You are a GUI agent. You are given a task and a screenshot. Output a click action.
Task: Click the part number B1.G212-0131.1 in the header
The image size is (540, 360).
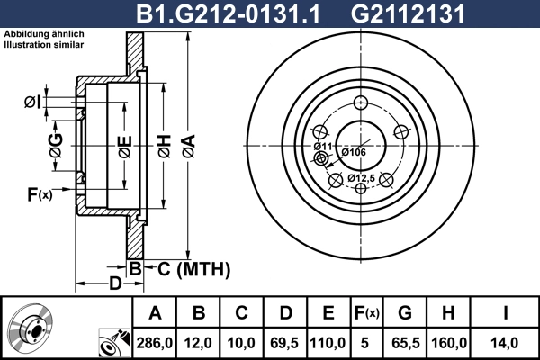coord(229,13)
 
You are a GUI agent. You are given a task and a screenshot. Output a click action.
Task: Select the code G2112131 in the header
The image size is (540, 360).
coord(394,13)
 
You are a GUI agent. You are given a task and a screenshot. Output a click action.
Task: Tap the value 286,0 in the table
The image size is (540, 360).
coord(155,342)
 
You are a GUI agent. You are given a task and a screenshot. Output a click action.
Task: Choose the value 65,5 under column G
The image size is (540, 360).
coord(404,342)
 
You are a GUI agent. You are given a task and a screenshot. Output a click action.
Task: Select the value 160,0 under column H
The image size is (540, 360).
coord(448,342)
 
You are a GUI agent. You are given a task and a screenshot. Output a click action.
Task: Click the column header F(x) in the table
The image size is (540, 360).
coord(366,313)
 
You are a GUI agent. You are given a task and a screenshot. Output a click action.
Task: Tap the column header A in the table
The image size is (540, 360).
coord(155,313)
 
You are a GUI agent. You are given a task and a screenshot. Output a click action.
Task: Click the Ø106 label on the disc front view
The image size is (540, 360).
coord(353,152)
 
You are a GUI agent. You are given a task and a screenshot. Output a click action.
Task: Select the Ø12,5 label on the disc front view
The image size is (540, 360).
coord(362,178)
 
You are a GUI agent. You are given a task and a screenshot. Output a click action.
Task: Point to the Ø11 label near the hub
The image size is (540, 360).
coord(323,146)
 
